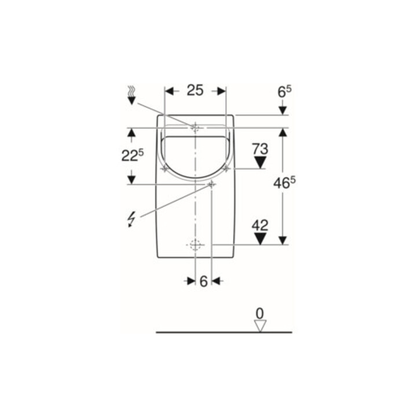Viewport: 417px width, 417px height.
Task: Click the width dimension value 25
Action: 195,90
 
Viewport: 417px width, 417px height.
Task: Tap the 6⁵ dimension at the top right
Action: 284,92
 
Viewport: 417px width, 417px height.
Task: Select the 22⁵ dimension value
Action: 132,155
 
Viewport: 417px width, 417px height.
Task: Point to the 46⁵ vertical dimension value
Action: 284,183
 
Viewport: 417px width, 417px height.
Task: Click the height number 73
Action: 260,149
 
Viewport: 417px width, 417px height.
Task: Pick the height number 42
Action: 260,225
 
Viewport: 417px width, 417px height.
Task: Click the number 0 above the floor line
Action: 259,313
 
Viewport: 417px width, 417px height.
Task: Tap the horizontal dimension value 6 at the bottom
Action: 203,281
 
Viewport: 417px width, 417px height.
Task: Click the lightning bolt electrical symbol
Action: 131,220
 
